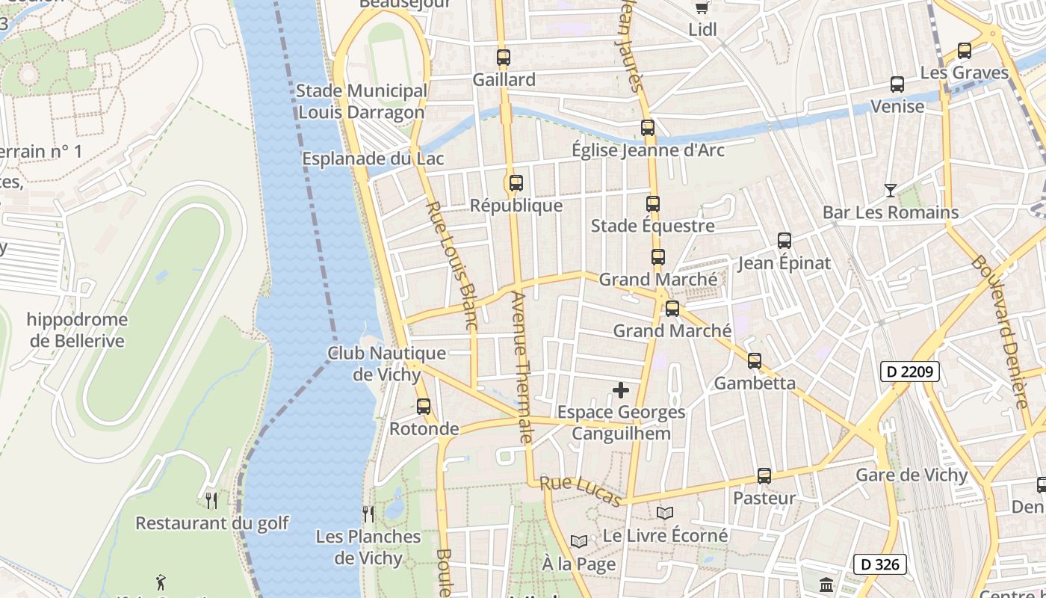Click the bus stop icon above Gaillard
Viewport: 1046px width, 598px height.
point(504,58)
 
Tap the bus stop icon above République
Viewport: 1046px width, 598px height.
point(516,183)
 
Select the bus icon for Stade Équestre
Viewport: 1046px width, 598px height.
point(653,204)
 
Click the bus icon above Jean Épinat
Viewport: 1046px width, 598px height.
point(784,241)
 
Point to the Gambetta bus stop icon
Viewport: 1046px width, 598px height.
point(755,361)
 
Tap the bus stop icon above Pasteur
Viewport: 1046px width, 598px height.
point(764,476)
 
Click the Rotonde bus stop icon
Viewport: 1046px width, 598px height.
point(424,407)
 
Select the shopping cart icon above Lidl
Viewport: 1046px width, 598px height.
point(702,7)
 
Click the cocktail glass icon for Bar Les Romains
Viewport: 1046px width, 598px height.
point(890,191)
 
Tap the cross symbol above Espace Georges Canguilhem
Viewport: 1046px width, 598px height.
point(621,390)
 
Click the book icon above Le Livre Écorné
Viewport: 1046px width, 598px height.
point(665,514)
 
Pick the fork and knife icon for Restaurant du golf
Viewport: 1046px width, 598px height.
point(211,500)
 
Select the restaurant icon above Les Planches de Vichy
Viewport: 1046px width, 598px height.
point(368,514)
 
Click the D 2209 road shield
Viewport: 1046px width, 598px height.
point(909,372)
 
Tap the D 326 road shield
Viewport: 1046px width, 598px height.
point(880,564)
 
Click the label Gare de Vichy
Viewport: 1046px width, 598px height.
point(912,475)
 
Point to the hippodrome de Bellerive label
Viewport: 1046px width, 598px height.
point(76,330)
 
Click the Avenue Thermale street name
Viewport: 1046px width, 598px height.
point(521,366)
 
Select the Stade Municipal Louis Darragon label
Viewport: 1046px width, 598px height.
point(362,102)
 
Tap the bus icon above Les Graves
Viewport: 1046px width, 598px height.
point(965,52)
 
